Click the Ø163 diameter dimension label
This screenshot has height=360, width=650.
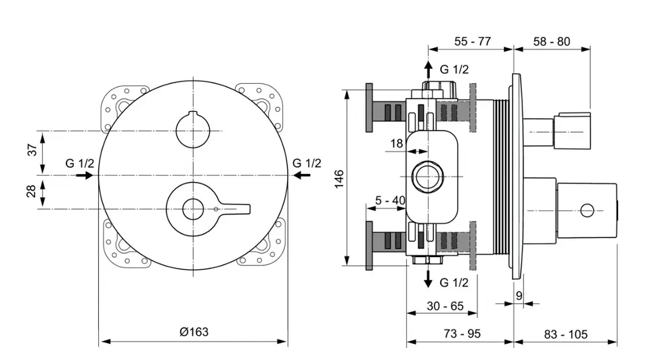click(194, 332)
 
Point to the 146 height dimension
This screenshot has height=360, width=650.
click(339, 179)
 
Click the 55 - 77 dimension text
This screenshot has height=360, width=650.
click(472, 41)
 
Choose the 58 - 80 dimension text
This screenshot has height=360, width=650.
click(551, 41)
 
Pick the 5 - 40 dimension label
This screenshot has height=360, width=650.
click(390, 200)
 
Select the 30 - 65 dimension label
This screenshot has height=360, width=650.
click(445, 306)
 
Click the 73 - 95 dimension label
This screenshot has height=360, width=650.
click(462, 334)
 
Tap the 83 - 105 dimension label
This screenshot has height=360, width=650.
click(565, 334)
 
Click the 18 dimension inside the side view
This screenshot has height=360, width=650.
click(397, 143)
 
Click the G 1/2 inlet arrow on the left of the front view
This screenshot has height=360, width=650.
click(85, 175)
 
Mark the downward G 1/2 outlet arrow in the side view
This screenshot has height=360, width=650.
click(428, 278)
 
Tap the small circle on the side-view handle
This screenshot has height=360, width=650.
click(587, 210)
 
